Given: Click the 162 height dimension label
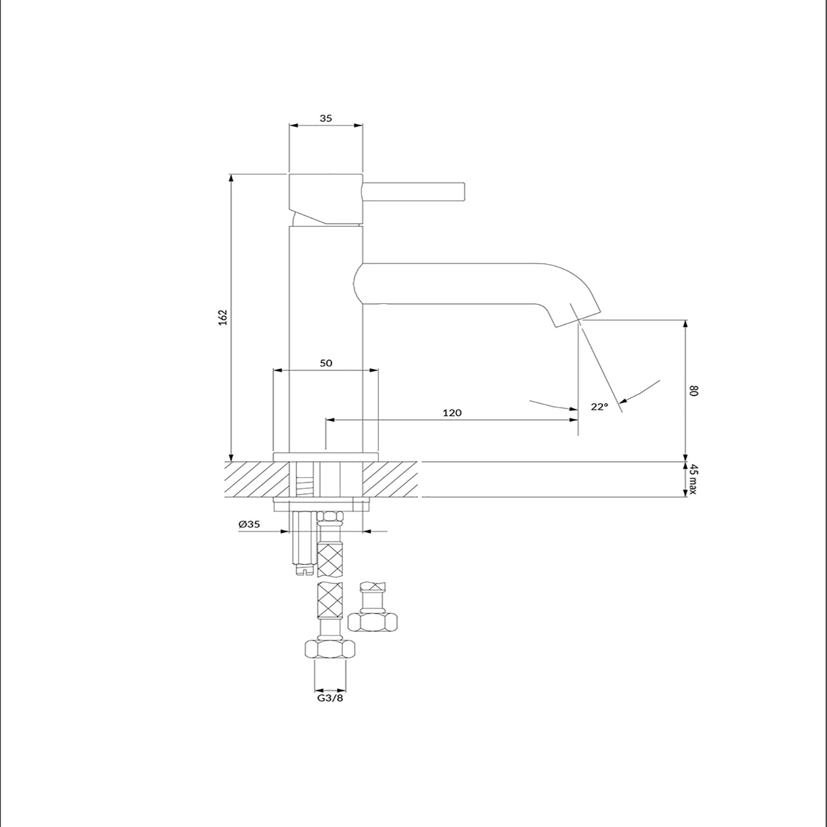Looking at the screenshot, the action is point(223,317).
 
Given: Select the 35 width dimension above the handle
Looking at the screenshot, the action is point(326,118).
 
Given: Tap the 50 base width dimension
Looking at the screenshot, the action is point(326,363).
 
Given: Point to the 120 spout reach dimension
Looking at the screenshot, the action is point(452,412).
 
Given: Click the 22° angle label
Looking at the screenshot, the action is point(600,407).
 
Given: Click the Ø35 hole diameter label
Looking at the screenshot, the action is point(249,524).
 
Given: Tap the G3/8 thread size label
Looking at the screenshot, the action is point(330,698).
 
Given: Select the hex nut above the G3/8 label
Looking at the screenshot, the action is point(330,649).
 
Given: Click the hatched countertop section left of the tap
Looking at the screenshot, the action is point(256,480).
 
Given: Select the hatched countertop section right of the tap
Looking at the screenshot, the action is point(390,480).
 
